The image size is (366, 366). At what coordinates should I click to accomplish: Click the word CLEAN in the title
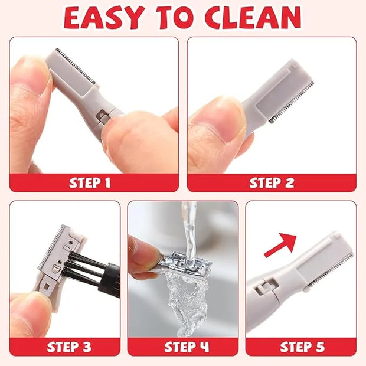pos(253,18)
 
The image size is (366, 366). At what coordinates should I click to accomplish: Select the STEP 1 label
pos(90,183)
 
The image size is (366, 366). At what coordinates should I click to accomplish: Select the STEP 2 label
pos(272,183)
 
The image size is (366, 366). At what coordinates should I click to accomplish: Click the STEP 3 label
pos(69,347)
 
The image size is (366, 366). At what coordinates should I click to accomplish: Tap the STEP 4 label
pos(187,347)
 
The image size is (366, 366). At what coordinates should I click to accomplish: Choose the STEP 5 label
pos(302,347)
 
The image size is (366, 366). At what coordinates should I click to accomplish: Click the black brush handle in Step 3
pos(109,280)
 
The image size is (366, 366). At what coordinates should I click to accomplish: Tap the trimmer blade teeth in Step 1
pos(76,66)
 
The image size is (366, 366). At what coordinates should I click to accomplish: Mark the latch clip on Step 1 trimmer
pos(103,117)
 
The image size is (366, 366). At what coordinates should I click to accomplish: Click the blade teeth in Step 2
pos(291,102)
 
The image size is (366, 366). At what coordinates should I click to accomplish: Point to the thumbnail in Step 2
pos(230,119)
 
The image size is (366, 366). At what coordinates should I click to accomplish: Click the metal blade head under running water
pos(184,262)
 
